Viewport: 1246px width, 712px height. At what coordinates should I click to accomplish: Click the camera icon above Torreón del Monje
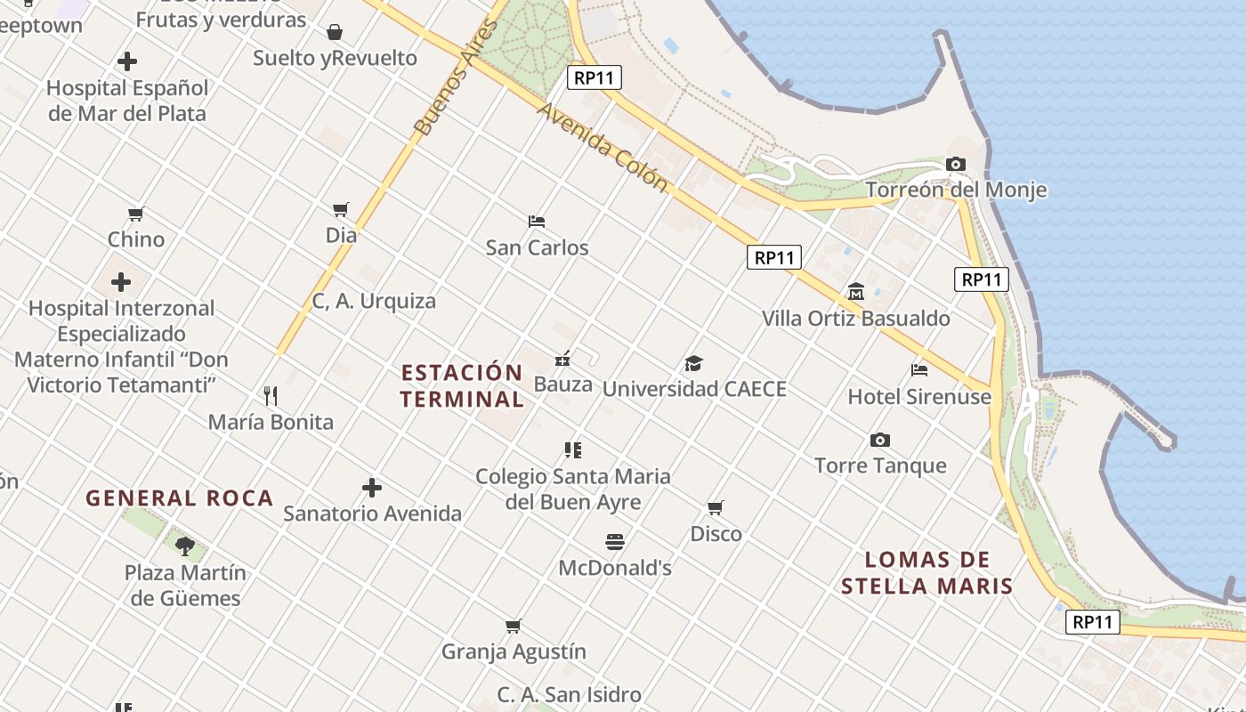point(956,165)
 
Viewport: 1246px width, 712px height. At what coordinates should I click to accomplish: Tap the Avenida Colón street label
point(603,147)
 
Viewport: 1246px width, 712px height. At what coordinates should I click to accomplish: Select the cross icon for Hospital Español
point(127,61)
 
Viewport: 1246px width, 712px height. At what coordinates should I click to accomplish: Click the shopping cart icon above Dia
point(340,210)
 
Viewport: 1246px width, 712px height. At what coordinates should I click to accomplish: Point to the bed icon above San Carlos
point(537,221)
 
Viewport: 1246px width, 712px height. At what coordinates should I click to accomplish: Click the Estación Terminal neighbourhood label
point(462,385)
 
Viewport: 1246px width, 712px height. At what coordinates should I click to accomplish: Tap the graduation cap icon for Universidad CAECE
point(693,363)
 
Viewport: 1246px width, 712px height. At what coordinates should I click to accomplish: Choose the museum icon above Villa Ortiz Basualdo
point(856,291)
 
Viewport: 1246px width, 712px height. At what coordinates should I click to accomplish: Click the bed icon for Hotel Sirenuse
point(919,369)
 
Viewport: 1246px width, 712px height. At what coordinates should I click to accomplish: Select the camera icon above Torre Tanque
point(880,440)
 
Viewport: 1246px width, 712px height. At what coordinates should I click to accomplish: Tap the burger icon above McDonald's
point(614,541)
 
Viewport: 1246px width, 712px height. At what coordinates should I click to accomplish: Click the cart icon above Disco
point(716,507)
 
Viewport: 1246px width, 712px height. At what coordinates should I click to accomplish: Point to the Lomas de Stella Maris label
point(927,572)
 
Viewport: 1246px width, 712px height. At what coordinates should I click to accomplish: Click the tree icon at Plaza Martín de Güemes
point(185,546)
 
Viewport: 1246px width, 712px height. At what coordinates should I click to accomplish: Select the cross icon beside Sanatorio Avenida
point(372,488)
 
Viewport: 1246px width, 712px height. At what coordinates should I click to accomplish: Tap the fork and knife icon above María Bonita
point(271,395)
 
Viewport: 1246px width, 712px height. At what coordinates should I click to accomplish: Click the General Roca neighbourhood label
point(179,498)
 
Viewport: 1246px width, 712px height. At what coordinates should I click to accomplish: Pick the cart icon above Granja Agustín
point(513,626)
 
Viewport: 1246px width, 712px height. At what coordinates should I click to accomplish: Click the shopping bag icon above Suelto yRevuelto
point(335,33)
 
